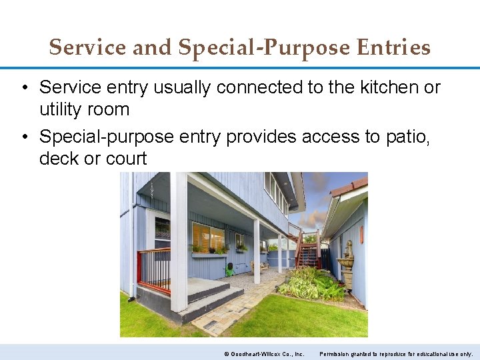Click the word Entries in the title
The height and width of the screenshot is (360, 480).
pyautogui.click(x=393, y=47)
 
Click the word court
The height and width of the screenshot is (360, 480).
pyautogui.click(x=127, y=158)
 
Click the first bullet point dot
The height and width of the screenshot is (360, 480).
pyautogui.click(x=24, y=87)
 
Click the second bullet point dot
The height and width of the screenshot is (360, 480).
pyautogui.click(x=24, y=137)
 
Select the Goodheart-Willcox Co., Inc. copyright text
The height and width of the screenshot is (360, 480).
pyautogui.click(x=264, y=353)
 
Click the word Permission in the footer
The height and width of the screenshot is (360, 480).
pyautogui.click(x=335, y=353)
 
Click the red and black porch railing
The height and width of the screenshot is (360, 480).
pyautogui.click(x=154, y=269)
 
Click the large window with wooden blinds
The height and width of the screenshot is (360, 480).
pyautogui.click(x=207, y=237)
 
